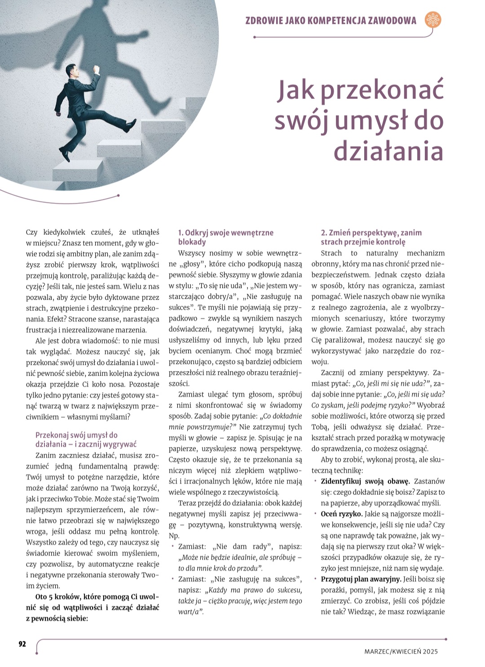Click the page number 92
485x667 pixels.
(x=22, y=644)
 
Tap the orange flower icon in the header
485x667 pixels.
(x=433, y=20)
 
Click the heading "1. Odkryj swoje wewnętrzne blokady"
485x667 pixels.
(x=225, y=237)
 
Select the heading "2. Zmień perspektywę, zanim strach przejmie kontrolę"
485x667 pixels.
(x=371, y=237)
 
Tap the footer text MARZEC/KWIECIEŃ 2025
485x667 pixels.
(x=401, y=651)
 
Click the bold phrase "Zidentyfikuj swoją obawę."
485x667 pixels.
(x=365, y=481)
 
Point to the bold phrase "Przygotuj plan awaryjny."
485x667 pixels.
(x=361, y=579)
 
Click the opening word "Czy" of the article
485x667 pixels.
(x=31, y=232)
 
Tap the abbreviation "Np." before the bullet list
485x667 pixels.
(x=174, y=536)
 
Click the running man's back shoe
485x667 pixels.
(x=66, y=155)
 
